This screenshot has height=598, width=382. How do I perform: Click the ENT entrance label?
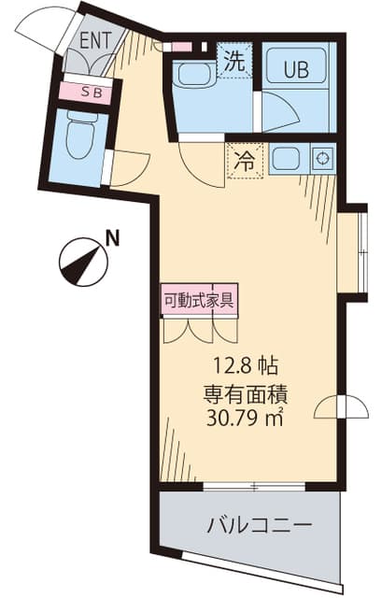click(95, 40)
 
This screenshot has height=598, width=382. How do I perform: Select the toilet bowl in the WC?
click(81, 135)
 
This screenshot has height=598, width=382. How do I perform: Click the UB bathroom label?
click(296, 69)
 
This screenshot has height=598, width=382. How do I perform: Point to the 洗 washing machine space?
click(234, 60)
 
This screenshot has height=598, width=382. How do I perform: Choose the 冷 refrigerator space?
click(245, 161)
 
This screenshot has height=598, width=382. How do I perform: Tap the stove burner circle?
click(323, 158)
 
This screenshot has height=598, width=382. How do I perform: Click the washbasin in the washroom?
click(194, 75)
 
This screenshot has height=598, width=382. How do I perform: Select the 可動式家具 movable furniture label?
click(198, 300)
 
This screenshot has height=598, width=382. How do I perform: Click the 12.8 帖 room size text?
click(246, 366)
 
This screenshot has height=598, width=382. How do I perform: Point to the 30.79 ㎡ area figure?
click(245, 418)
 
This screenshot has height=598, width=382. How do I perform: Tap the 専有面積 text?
click(245, 394)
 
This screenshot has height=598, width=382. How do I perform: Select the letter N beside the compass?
click(112, 239)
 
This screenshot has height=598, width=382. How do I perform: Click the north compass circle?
click(83, 262)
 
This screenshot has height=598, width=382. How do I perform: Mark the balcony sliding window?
click(254, 487)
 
